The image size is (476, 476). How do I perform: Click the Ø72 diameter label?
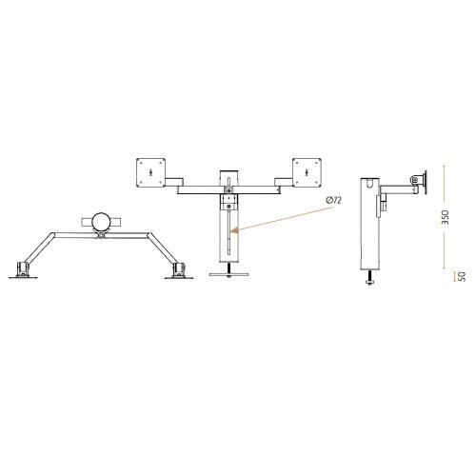coord(333,201)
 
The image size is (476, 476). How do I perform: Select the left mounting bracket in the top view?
coord(23,270)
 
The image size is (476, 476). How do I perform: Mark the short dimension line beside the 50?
coord(449,276)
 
